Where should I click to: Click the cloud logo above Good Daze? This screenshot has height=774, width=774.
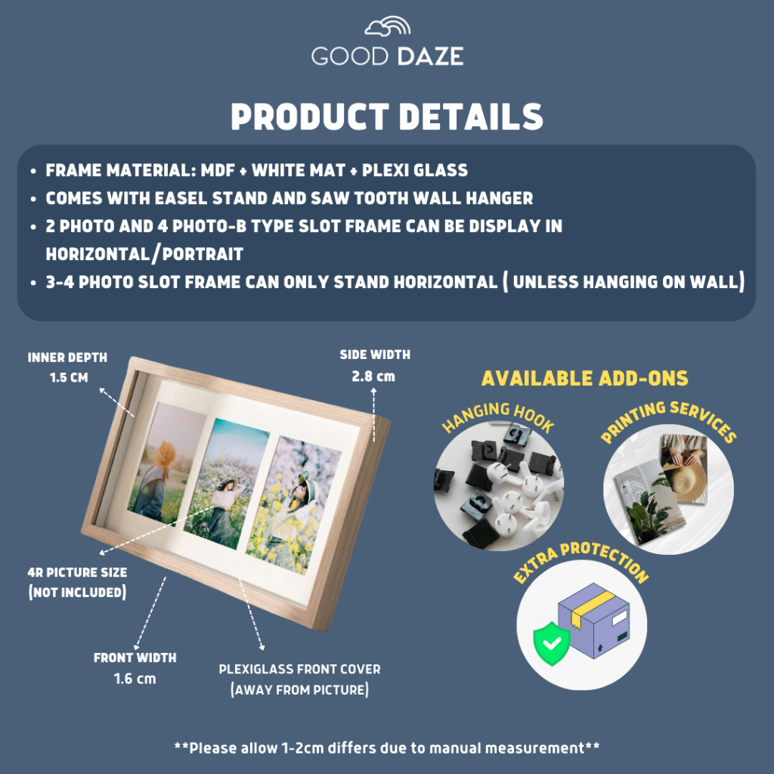(387, 27)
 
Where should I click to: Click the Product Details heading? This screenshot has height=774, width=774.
(387, 118)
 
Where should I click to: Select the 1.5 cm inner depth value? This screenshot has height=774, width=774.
(69, 377)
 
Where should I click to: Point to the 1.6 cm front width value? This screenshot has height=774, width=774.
(135, 678)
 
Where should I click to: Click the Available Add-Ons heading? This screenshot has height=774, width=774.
(585, 378)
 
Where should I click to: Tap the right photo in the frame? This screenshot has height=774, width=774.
(296, 504)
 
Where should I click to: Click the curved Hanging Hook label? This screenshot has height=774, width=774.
(498, 418)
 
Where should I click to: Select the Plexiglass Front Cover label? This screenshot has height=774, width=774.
(299, 669)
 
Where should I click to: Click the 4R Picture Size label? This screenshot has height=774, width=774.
(76, 572)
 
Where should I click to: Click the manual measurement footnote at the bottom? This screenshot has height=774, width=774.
(387, 748)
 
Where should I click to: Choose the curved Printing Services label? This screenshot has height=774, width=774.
(668, 420)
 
